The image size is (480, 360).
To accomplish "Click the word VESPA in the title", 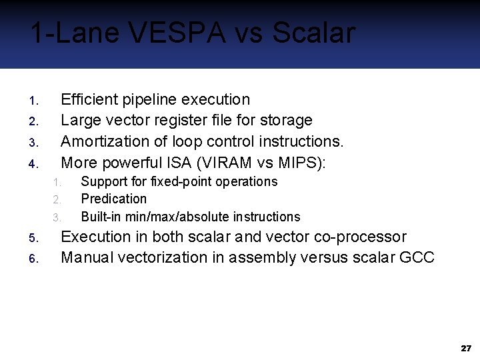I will [181, 33].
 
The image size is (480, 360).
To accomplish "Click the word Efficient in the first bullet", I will [87, 100].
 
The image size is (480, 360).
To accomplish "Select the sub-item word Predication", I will [113, 199].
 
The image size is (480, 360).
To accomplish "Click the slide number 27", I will [465, 349].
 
